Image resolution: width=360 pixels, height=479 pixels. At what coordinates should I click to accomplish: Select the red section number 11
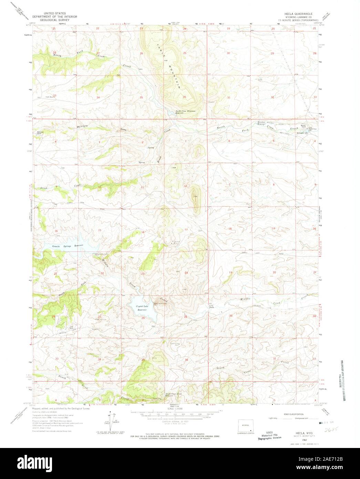tap(142, 187)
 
